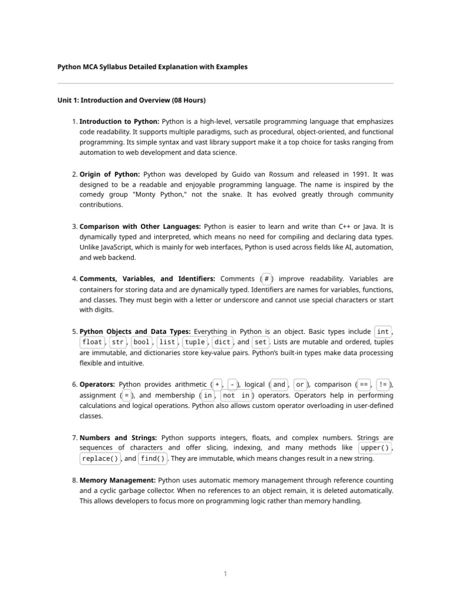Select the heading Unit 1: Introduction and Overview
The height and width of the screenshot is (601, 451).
point(131,100)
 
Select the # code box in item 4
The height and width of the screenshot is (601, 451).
point(267,279)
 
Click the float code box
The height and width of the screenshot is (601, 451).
point(92,342)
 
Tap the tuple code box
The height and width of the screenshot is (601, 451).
point(194,342)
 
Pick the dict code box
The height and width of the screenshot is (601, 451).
point(222,342)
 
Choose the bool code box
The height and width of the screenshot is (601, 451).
point(141,342)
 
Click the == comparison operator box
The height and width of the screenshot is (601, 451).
point(364,385)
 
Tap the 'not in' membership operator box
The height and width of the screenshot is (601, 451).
point(236,396)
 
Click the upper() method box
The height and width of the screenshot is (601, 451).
point(375,448)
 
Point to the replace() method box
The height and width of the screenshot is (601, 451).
point(100,458)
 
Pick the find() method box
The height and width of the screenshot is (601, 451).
point(153,458)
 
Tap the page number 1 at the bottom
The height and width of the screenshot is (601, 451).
point(225,574)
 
